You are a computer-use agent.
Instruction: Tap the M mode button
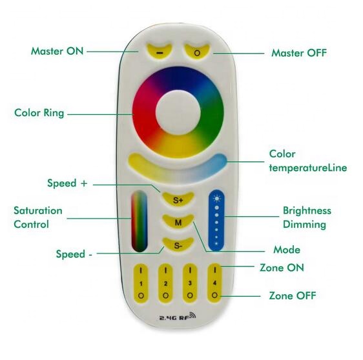[178, 222]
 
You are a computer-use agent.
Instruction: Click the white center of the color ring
[178, 114]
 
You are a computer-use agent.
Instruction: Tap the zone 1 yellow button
[141, 283]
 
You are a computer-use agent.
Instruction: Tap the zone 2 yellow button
[166, 283]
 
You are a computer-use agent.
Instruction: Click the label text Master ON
[57, 50]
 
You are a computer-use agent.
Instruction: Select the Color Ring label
[39, 114]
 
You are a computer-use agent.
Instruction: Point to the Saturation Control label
[38, 218]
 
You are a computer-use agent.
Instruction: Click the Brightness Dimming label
[307, 217]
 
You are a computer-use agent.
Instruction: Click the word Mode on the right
[287, 249]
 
